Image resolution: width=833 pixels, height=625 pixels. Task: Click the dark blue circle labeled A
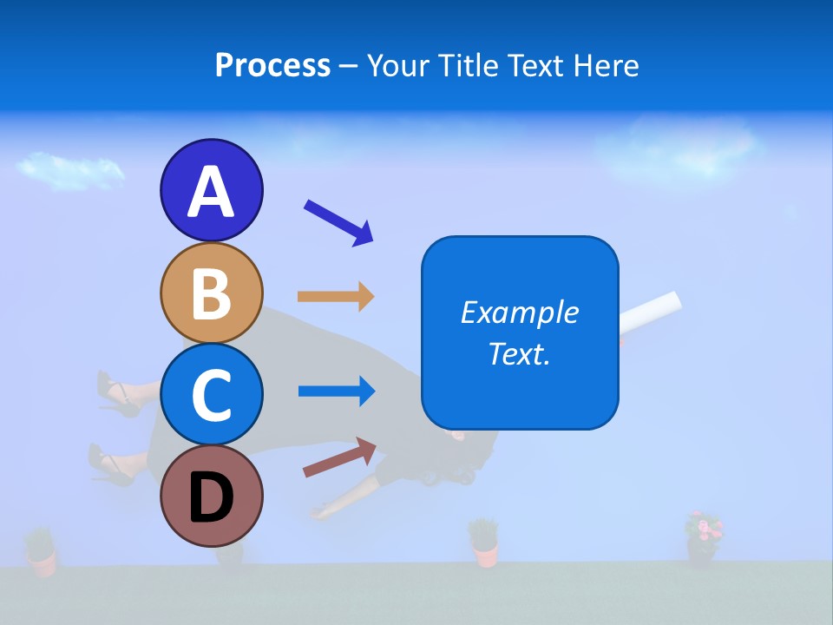coord(211,190)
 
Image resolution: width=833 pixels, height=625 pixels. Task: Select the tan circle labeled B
coord(211,293)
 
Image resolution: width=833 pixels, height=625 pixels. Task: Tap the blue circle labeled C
coord(211,395)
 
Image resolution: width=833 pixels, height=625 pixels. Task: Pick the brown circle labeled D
coord(211,497)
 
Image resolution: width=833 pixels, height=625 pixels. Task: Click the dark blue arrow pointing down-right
coord(338,222)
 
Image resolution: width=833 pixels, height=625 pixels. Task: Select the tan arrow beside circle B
coord(335,297)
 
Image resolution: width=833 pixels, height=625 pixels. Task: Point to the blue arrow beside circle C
coord(335,391)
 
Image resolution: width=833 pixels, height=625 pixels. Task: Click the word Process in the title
coord(272,66)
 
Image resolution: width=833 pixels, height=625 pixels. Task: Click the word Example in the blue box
coord(519,312)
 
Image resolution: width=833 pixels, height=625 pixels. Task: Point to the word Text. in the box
coord(519,353)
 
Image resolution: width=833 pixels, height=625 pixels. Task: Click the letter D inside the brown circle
coord(211,499)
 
